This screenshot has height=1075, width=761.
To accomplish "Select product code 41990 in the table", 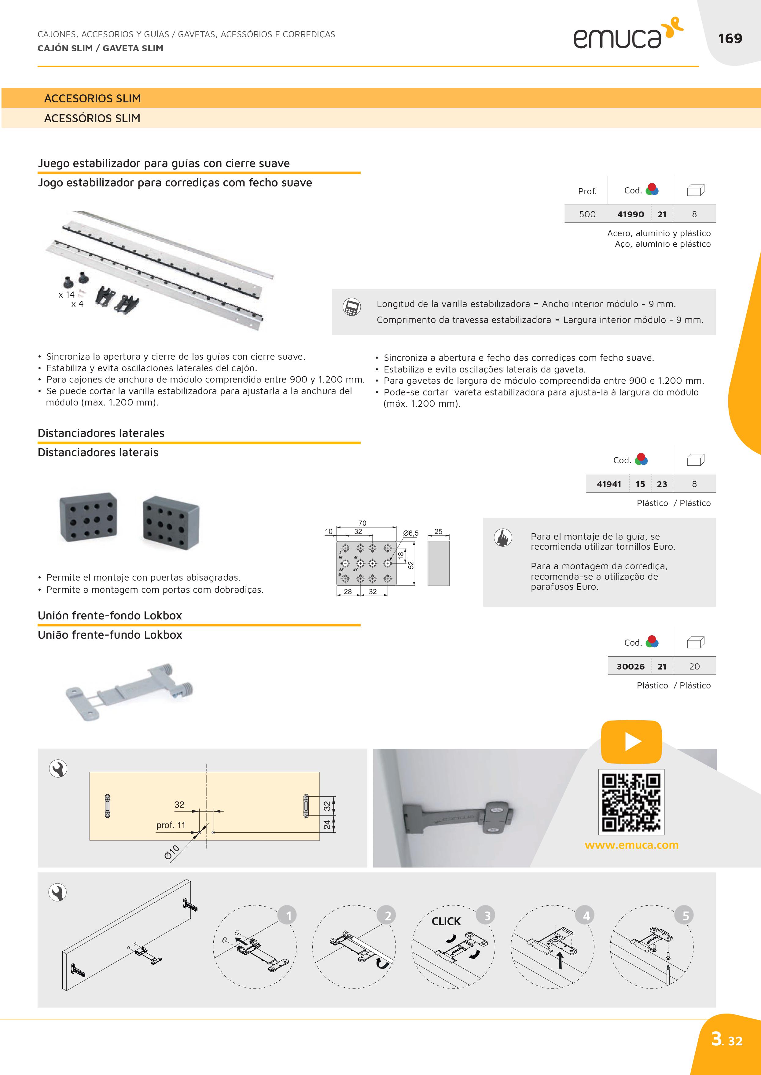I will (630, 214).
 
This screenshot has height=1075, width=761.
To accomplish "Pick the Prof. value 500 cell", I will (587, 214).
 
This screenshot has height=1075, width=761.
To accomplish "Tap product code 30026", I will (630, 666).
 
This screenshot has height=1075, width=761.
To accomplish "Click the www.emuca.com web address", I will (631, 845).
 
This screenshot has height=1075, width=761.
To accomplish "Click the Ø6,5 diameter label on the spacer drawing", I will (410, 533).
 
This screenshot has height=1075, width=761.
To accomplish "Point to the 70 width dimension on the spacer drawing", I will (362, 523).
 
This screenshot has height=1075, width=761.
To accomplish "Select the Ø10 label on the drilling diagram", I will (172, 852).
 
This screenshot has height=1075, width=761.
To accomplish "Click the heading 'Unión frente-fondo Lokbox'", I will (110, 615).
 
